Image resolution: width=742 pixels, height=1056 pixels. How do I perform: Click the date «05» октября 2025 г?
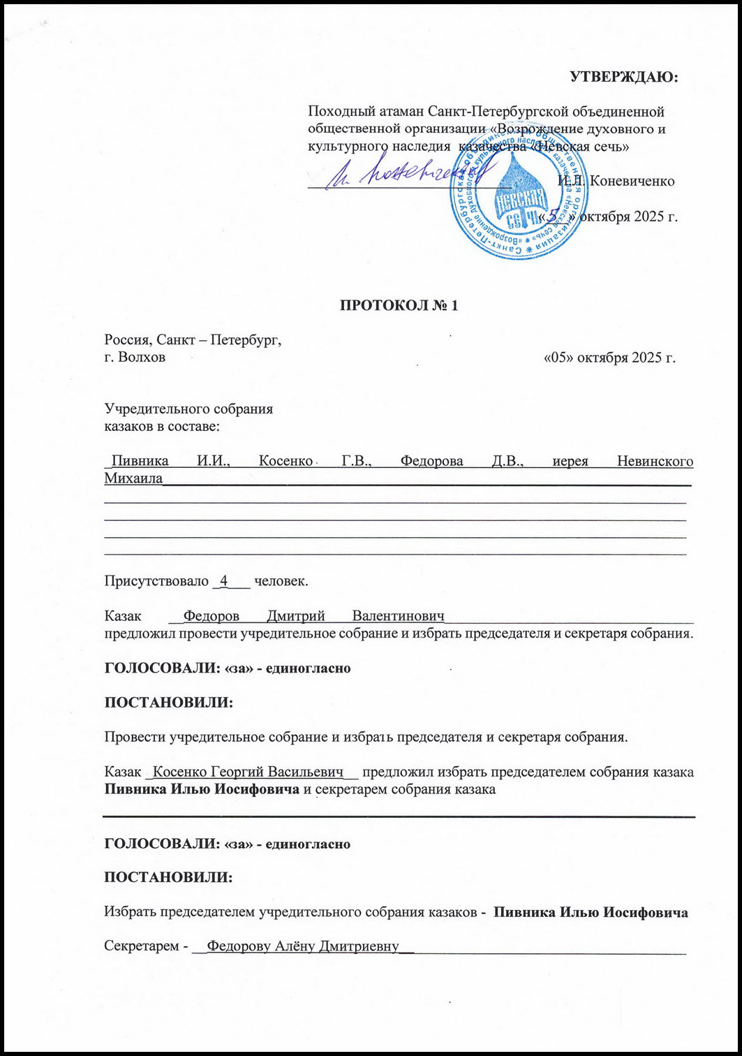click(609, 359)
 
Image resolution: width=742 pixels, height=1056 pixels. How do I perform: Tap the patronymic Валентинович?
click(399, 617)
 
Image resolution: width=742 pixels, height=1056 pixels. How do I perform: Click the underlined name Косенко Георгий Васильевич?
click(248, 772)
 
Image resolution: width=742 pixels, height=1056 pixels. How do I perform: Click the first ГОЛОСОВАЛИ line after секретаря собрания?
click(227, 668)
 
